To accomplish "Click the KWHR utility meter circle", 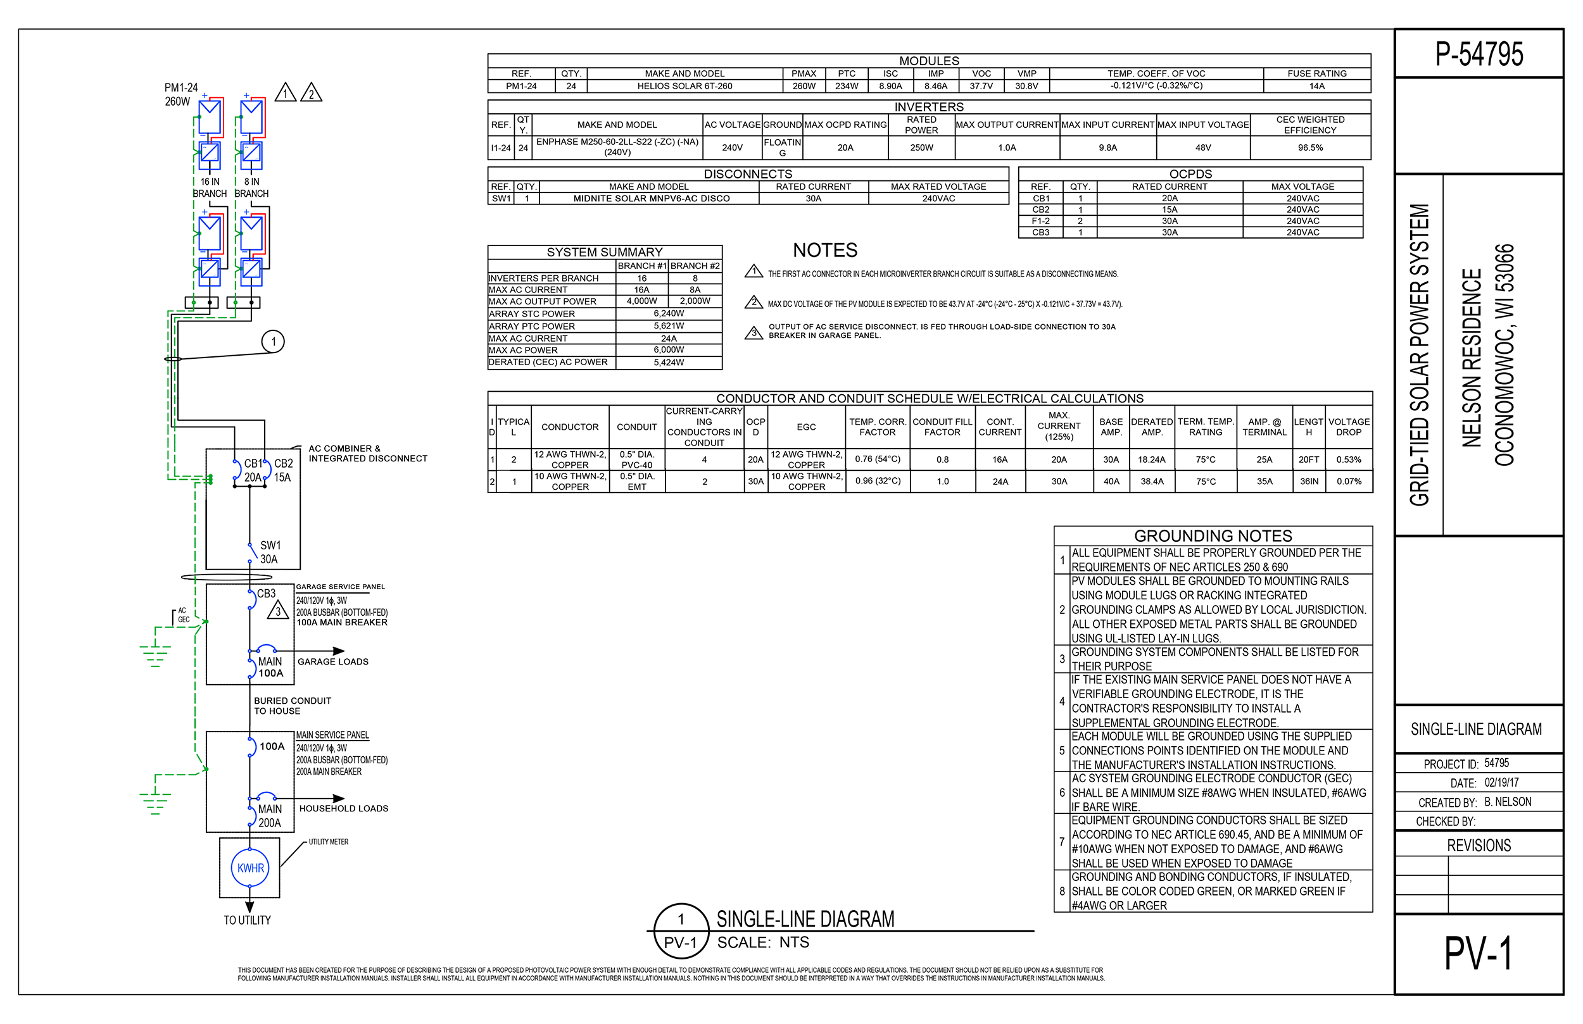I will [250, 868].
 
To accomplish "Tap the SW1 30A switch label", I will [269, 553].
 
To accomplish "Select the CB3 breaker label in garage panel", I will [266, 593].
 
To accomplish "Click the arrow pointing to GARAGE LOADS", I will [338, 651].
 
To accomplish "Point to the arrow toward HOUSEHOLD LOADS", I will [338, 799].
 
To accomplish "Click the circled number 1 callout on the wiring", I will [274, 342].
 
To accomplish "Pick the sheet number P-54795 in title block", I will [1479, 54].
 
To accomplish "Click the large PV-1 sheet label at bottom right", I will [1478, 954].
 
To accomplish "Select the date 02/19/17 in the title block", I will [1501, 783].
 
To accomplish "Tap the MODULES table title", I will [928, 61].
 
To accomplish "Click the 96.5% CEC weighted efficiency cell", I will [1309, 147].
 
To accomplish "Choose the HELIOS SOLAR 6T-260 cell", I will [684, 87].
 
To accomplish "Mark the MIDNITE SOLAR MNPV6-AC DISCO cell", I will [651, 199].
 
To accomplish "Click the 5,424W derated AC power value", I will [669, 363].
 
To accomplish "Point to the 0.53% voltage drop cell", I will [1348, 459].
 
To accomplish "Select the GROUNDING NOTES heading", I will [1213, 536].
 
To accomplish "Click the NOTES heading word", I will [825, 251].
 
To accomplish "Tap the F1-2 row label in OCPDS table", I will [1040, 222].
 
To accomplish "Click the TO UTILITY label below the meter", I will [247, 920].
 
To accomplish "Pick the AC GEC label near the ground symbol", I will [183, 615].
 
